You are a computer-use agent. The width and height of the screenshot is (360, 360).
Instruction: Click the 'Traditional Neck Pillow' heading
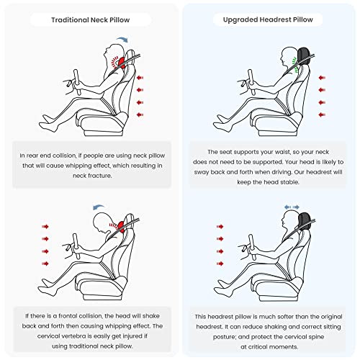click(90, 19)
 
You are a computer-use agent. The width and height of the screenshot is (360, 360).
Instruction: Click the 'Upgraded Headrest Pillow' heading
click(268, 19)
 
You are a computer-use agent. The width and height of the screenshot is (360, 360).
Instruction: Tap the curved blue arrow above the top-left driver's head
click(122, 39)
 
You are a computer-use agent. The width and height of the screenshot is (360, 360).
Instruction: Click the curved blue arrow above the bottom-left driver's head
click(99, 207)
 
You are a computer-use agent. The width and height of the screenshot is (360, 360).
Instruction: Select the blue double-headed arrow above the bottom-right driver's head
click(292, 207)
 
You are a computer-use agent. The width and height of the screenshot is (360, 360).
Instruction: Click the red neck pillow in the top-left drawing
click(122, 63)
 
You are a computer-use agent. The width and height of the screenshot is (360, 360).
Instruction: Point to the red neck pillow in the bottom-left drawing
click(121, 227)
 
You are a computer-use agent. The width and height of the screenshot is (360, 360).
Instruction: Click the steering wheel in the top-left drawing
click(77, 82)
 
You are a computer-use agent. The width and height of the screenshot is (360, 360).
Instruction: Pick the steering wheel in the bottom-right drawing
click(251, 248)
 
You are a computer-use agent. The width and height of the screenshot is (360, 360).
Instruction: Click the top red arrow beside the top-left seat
click(140, 78)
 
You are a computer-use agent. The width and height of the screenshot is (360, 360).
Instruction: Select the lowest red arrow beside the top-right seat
click(322, 114)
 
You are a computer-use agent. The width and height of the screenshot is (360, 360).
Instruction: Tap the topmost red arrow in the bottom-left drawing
click(45, 227)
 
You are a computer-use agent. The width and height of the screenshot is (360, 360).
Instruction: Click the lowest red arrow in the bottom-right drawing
click(220, 264)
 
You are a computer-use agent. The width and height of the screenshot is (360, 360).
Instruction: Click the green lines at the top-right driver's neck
click(294, 64)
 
